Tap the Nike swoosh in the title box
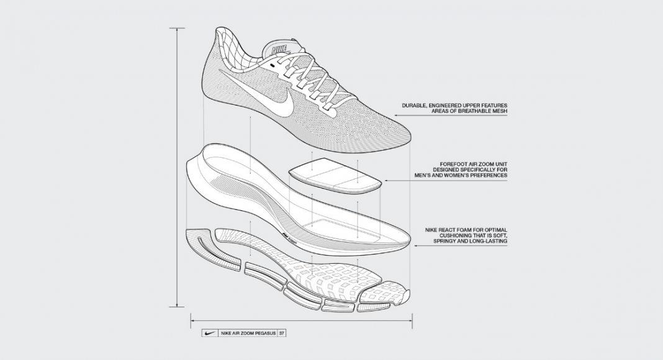pyautogui.click(x=209, y=333)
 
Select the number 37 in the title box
pyautogui.click(x=282, y=333)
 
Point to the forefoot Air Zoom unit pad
pyautogui.click(x=335, y=175)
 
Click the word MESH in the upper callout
pyautogui.click(x=500, y=111)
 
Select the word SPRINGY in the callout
pyautogui.click(x=444, y=241)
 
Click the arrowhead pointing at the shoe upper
pyautogui.click(x=397, y=115)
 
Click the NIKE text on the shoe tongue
pyautogui.click(x=279, y=50)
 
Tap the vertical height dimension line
pyautogui.click(x=177, y=168)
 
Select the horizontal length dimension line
pyautogui.click(x=302, y=321)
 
